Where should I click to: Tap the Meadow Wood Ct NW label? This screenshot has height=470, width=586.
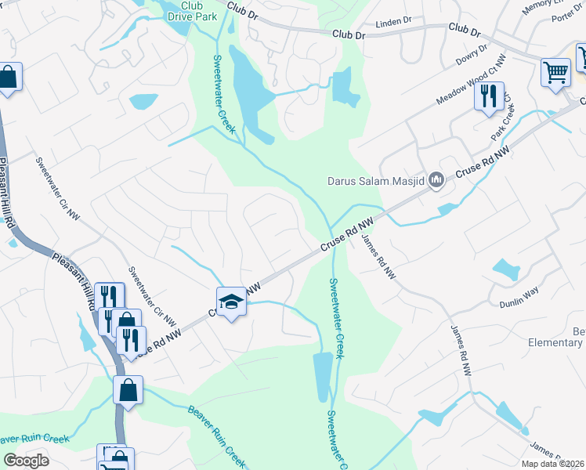(468, 83)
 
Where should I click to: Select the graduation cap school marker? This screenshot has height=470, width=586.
(231, 301)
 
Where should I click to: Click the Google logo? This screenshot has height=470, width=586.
(26, 461)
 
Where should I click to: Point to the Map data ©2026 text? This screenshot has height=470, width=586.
(552, 464)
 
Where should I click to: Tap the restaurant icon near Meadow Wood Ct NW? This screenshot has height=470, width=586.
(488, 96)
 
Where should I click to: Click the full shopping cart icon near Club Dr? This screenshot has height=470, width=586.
(555, 72)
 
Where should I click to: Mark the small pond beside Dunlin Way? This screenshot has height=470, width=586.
(506, 269)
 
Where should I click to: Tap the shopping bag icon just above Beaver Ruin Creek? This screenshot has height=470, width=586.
(128, 390)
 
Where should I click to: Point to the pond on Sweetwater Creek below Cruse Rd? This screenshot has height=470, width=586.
(322, 376)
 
